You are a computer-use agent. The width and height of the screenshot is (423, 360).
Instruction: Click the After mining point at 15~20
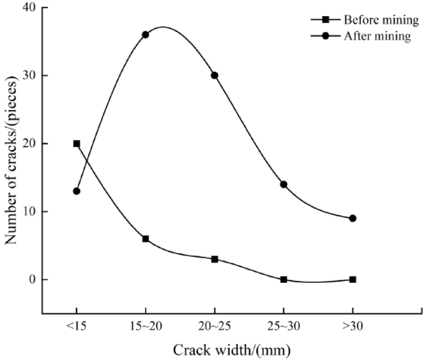click(x=146, y=35)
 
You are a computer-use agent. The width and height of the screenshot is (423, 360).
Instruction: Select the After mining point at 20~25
click(x=214, y=75)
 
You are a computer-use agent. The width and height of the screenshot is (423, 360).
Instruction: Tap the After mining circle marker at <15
click(x=77, y=191)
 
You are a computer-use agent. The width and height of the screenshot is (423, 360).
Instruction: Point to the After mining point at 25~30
click(x=283, y=184)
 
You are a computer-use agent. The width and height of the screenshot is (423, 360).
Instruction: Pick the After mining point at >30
click(x=353, y=218)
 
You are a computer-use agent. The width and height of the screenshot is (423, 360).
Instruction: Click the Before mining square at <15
click(x=77, y=143)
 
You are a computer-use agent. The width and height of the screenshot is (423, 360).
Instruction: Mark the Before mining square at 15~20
click(x=146, y=238)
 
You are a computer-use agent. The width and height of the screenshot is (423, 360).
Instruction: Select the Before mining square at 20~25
click(x=214, y=259)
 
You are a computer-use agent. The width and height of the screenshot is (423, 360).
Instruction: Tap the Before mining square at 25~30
click(x=283, y=279)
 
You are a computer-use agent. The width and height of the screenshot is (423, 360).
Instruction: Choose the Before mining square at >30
click(x=353, y=279)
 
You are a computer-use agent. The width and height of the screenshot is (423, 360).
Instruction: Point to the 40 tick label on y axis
click(x=29, y=8)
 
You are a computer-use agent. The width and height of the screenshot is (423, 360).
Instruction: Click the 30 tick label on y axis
click(x=29, y=75)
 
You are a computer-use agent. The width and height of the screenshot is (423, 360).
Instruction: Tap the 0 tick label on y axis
click(x=32, y=279)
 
